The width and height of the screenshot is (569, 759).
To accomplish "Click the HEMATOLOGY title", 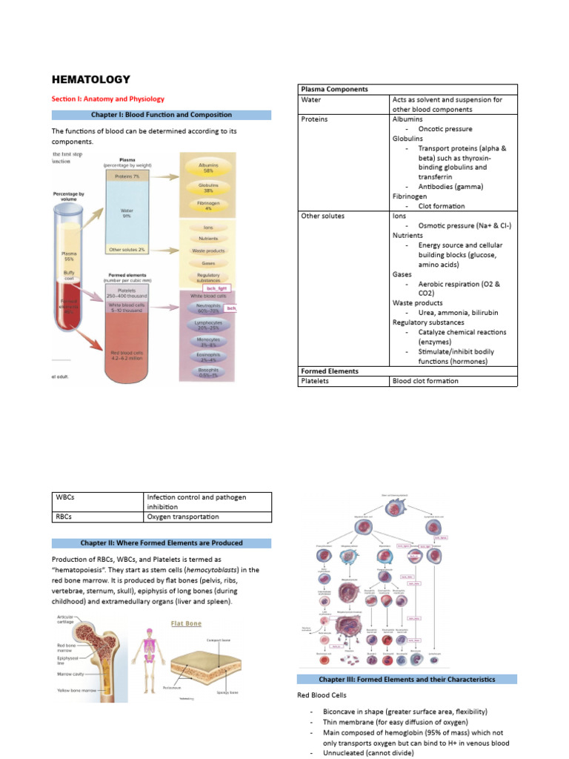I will pos(90,79).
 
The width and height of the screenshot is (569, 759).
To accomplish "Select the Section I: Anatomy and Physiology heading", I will pos(108,99).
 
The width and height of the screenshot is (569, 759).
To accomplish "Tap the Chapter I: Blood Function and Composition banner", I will pos(161,115).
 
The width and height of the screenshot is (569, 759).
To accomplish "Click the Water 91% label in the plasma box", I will pos(126,213).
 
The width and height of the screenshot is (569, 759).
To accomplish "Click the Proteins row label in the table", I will pos(315,119).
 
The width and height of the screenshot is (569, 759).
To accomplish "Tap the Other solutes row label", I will pos(323,216).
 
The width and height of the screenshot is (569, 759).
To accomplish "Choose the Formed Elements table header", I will pos(330,371).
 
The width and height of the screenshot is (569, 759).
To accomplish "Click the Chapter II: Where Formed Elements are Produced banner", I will pos(161,543).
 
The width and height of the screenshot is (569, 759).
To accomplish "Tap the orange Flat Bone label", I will pos(186,624).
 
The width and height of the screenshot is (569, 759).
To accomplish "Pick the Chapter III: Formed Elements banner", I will pos(407,679).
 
